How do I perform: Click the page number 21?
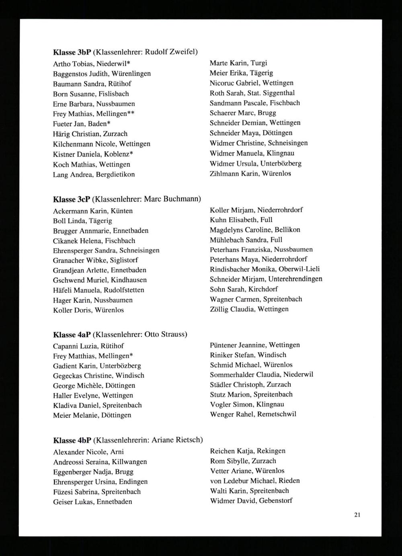point(357,515)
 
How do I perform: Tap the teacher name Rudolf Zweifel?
point(170,52)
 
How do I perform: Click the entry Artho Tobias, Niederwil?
point(91,64)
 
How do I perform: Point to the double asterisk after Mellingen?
point(131,114)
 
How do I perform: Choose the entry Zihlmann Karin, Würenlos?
point(250,174)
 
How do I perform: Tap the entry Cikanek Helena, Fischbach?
point(94,241)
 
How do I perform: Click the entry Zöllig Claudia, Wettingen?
point(249,309)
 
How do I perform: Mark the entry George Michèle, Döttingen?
point(94,386)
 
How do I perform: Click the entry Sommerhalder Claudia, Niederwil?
point(261,375)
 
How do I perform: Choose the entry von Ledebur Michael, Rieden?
point(254,481)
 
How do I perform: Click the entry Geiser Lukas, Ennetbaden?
point(92,502)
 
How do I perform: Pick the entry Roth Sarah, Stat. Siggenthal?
point(252,93)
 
